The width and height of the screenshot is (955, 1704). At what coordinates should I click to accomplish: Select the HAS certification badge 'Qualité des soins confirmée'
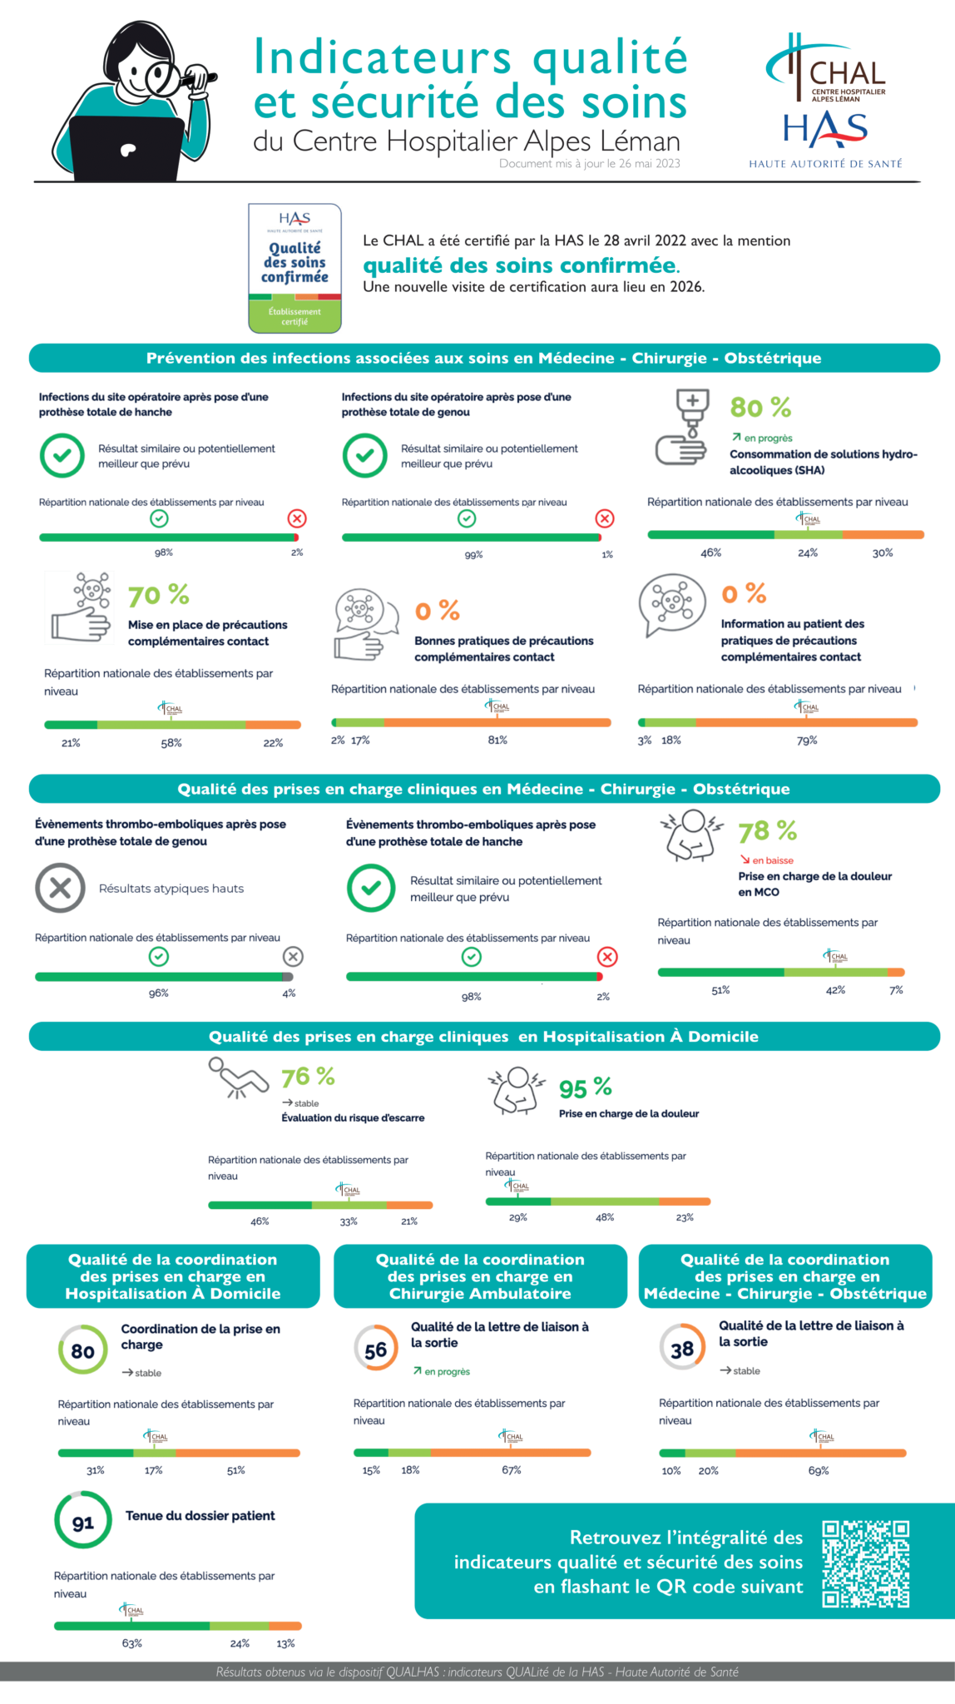[294, 268]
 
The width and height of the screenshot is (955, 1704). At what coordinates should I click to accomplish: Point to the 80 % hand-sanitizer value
[760, 408]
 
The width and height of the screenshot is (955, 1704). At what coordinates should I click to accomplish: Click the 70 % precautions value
[158, 596]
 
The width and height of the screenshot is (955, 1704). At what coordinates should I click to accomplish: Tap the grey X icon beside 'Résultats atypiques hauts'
[60, 888]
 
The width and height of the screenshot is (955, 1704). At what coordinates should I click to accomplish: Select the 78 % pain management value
[767, 831]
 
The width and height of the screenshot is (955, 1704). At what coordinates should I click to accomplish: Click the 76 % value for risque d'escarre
[308, 1077]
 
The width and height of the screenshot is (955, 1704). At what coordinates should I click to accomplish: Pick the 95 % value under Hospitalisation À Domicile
[585, 1088]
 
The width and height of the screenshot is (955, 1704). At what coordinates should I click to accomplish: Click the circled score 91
[83, 1523]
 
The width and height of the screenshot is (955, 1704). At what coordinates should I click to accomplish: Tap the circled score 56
[376, 1350]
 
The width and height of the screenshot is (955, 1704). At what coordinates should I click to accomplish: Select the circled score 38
[682, 1350]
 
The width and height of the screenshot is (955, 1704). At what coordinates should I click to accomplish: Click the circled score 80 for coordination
[83, 1351]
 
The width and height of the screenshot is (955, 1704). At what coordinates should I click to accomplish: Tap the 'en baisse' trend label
[772, 860]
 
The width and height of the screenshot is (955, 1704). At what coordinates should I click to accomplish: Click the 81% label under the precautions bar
[497, 740]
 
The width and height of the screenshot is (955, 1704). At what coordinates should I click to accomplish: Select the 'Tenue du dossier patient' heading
[200, 1516]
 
